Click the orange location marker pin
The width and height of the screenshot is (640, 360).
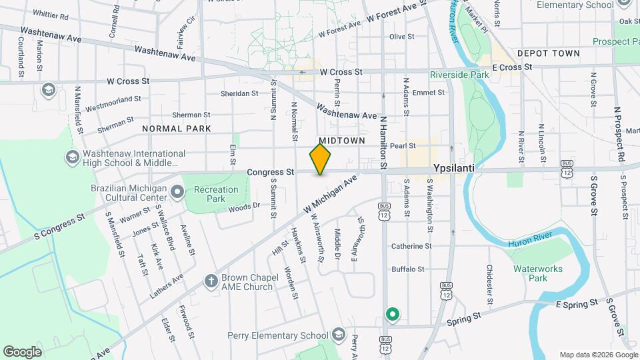[x=320, y=159]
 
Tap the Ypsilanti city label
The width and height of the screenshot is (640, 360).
[x=453, y=169]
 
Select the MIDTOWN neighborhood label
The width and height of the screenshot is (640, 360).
[x=341, y=141]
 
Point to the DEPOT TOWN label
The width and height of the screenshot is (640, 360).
[x=549, y=53]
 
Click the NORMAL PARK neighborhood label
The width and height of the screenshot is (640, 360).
[x=176, y=129]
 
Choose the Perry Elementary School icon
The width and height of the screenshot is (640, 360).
[x=339, y=334]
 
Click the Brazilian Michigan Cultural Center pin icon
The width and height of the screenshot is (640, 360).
[x=177, y=193]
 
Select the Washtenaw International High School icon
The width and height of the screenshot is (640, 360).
[x=72, y=157]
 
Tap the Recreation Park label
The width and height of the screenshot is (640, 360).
[x=215, y=194]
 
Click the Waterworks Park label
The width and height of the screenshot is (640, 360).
[x=538, y=273]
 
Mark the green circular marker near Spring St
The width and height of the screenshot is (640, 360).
[x=393, y=313]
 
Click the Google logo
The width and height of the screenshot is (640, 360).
[x=23, y=351]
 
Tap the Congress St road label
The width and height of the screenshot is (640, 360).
[x=270, y=172]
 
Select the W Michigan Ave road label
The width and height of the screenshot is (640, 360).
[x=330, y=195]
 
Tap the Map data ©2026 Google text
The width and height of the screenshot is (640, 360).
[x=598, y=355]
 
